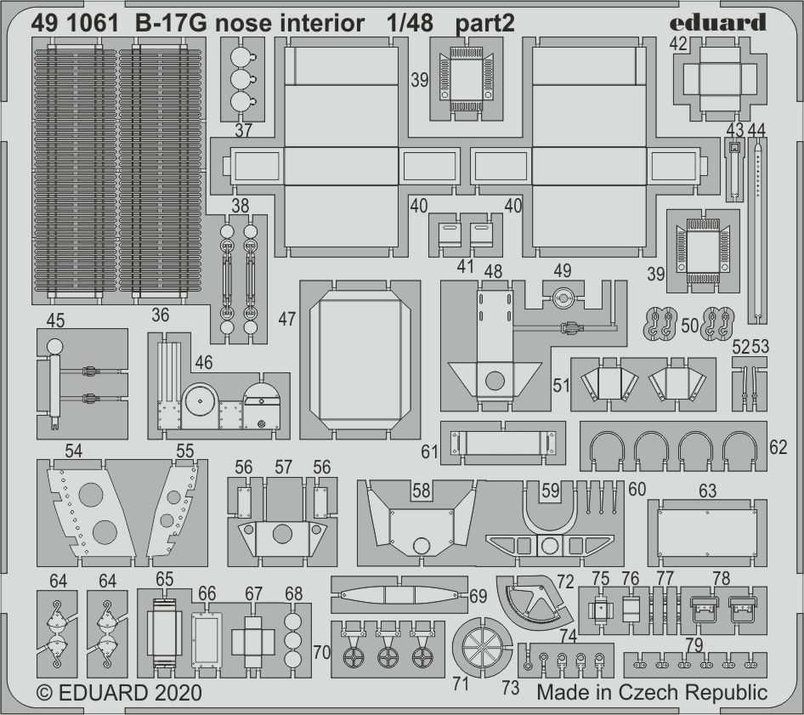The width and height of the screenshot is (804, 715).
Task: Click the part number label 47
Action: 286,320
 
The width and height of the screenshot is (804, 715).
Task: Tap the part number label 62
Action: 779,446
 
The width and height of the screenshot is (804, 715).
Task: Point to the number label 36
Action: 160,315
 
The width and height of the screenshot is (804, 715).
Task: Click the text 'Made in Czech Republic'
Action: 652,692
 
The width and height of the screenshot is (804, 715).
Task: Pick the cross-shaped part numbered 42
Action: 715,82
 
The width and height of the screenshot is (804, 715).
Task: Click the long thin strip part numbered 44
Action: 756,230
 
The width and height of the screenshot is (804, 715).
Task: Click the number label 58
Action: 421,491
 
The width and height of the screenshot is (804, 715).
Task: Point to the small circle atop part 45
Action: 54,346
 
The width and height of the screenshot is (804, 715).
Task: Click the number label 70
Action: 321,653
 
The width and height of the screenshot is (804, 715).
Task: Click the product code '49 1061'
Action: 75,22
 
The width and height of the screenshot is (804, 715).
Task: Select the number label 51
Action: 561,385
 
